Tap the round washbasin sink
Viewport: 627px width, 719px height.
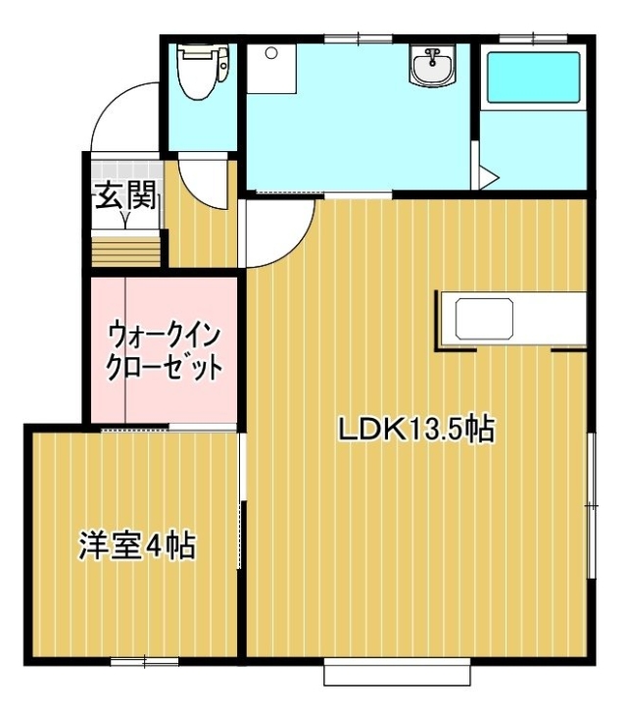[432, 66]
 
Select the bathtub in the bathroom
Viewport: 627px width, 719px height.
[534, 77]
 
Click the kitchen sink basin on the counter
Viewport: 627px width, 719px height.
[484, 319]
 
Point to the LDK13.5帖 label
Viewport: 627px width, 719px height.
[415, 430]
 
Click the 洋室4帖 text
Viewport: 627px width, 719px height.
[137, 545]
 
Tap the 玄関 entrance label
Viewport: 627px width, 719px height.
[126, 195]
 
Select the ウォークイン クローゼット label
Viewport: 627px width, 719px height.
[164, 352]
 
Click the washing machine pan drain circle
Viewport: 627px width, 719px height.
[271, 53]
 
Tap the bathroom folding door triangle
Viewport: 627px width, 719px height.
[486, 177]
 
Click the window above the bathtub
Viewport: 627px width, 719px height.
[534, 38]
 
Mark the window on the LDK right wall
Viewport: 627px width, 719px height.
[592, 505]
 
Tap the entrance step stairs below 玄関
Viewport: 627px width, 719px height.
[126, 251]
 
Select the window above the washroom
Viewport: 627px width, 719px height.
[360, 38]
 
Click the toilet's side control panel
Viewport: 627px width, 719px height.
[223, 64]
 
